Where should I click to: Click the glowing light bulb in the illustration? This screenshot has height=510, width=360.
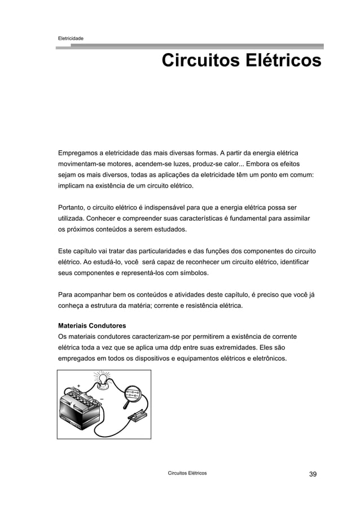coord(103,381)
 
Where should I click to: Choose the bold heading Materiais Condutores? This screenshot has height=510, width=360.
coord(93,326)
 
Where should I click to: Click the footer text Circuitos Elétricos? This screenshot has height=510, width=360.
coord(183,473)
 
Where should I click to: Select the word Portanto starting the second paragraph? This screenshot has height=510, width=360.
coord(74,206)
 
